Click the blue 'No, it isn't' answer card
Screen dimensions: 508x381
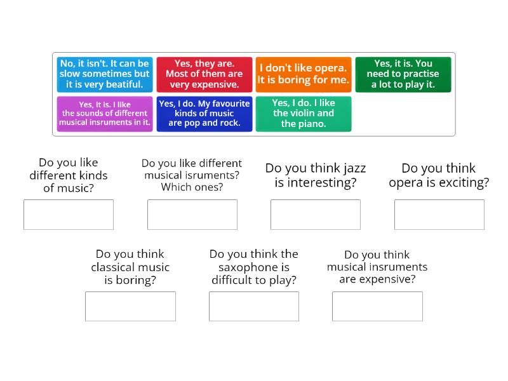pyautogui.click(x=105, y=74)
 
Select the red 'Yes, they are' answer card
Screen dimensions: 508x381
pyautogui.click(x=204, y=74)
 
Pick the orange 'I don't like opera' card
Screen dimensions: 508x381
pyautogui.click(x=304, y=74)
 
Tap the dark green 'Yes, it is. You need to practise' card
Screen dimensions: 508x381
pyautogui.click(x=403, y=74)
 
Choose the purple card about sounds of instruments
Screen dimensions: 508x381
pyautogui.click(x=105, y=114)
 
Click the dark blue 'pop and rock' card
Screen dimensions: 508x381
pyautogui.click(x=204, y=114)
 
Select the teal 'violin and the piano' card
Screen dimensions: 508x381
pyautogui.click(x=304, y=114)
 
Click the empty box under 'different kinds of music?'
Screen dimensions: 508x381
pyautogui.click(x=69, y=215)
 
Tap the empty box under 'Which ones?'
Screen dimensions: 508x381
pyautogui.click(x=192, y=215)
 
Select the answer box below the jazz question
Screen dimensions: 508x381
pyautogui.click(x=316, y=215)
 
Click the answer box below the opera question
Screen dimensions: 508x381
pyautogui.click(x=439, y=215)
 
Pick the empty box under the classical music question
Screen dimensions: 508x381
pyautogui.click(x=130, y=307)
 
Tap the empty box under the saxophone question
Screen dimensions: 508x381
pyautogui.click(x=254, y=307)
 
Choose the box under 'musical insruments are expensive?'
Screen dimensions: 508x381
pyautogui.click(x=377, y=307)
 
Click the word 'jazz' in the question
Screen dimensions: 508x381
pyautogui.click(x=354, y=168)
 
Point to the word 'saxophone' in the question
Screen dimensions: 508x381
pyautogui.click(x=253, y=267)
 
